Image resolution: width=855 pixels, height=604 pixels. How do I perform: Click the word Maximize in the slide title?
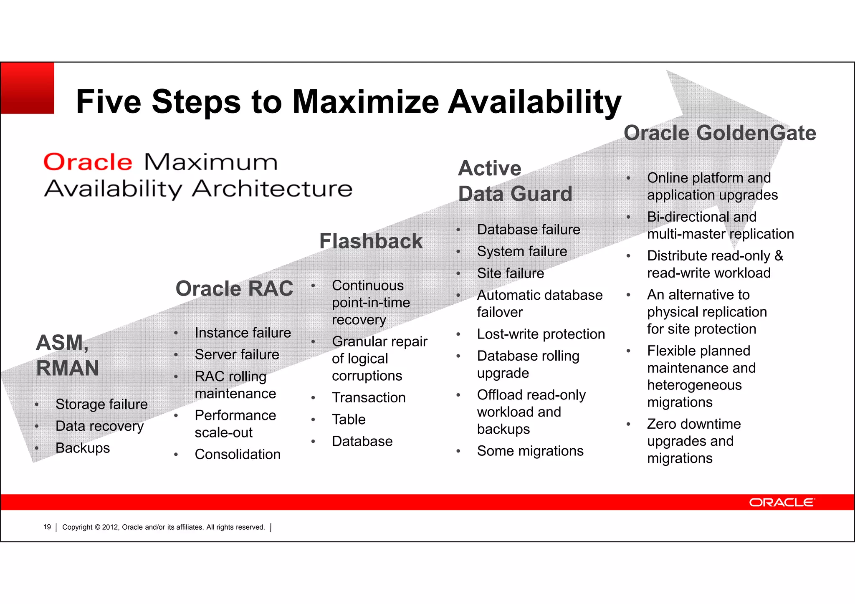point(365,101)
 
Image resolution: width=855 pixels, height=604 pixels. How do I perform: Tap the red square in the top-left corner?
point(28,88)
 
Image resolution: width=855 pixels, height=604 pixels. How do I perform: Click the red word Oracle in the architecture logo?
point(88,162)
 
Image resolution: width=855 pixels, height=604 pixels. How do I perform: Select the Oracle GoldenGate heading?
point(720,133)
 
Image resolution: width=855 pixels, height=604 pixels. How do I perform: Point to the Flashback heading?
point(371,241)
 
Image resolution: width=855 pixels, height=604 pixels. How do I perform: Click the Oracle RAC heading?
point(234,288)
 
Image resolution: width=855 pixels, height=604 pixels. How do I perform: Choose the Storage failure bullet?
point(101,404)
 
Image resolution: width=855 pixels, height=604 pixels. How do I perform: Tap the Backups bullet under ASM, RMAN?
point(83,448)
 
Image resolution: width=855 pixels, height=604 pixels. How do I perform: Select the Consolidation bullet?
point(238,454)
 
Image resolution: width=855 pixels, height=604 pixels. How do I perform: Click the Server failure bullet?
point(237,354)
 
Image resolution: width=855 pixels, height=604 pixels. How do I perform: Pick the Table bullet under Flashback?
point(349,420)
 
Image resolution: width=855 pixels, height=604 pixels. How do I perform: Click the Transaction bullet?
point(369,397)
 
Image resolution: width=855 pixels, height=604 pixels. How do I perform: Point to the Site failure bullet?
point(510,273)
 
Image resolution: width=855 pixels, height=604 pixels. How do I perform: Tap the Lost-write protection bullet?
point(541,334)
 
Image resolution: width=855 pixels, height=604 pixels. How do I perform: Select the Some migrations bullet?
point(530,451)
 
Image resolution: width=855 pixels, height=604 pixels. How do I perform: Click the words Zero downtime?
point(694,424)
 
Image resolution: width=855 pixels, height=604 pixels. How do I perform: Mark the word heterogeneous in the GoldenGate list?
point(694,385)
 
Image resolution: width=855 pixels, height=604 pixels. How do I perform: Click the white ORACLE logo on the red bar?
point(781,502)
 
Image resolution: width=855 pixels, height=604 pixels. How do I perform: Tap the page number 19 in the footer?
point(47,527)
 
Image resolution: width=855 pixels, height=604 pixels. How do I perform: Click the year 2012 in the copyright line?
point(111,527)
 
